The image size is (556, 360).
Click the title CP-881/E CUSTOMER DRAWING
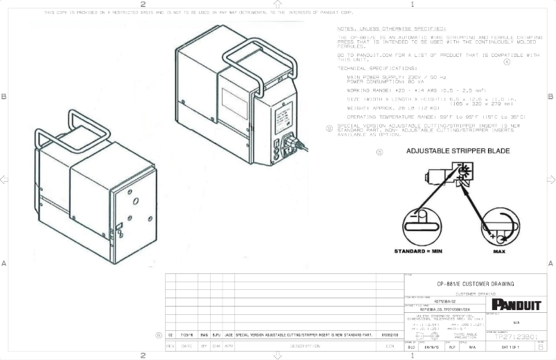[475, 284]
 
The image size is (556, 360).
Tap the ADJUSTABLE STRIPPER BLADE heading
[458, 151]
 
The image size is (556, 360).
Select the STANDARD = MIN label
[418, 251]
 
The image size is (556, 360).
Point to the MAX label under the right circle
[498, 252]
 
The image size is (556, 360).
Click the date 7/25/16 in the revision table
[186, 334]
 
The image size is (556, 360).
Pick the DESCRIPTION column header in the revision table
[305, 345]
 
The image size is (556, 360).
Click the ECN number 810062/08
[390, 334]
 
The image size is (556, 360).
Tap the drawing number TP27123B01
[515, 336]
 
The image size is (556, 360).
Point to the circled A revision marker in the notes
[506, 61]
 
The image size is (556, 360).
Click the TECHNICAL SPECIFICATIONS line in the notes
[368, 69]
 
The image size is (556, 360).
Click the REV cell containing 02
[171, 334]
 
